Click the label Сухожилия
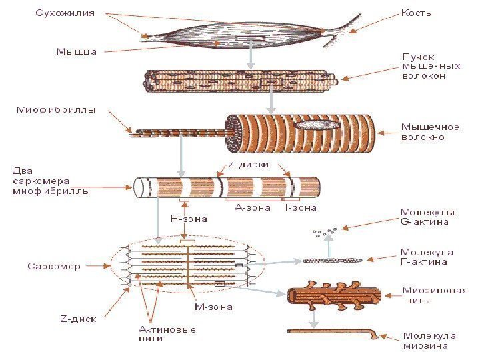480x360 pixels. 65,13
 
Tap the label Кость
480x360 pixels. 417,13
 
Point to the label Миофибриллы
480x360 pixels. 56,110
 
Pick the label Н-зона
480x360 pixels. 189,218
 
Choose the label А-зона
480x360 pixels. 253,207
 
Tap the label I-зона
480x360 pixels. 300,207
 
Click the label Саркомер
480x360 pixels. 54,267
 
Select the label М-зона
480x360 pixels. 213,307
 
